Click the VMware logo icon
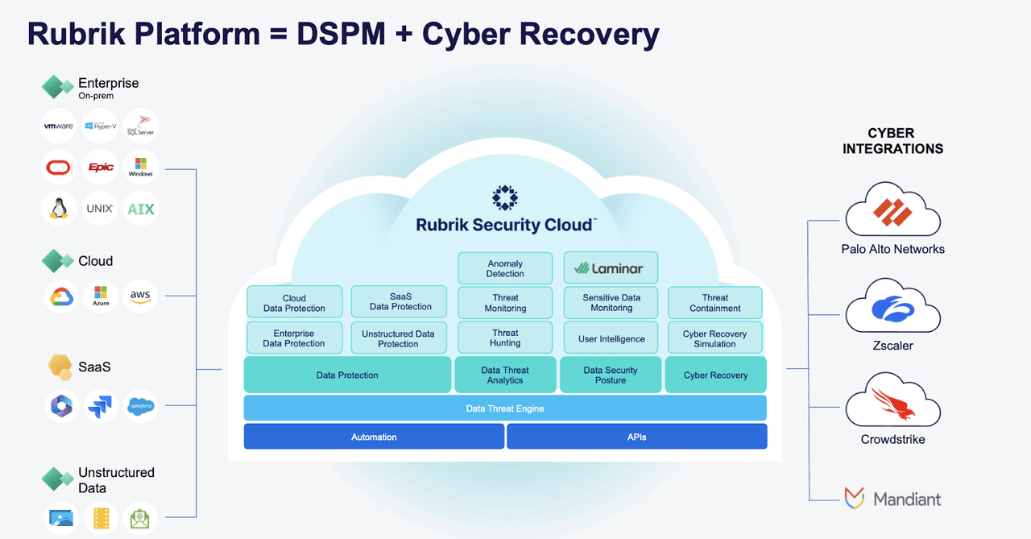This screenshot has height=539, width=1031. click(59, 126)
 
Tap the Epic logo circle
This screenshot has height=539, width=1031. click(101, 167)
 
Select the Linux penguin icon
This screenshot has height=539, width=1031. click(59, 209)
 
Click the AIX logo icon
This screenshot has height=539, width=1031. click(142, 209)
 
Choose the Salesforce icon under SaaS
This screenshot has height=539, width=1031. click(141, 406)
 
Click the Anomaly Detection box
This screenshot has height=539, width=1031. click(505, 268)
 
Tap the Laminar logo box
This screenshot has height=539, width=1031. click(611, 268)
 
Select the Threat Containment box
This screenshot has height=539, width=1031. click(714, 303)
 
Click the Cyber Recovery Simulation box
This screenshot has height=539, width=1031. click(714, 338)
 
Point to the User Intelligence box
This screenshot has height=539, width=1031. click(611, 338)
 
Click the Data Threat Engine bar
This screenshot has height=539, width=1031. click(505, 408)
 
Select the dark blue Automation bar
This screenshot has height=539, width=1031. click(374, 437)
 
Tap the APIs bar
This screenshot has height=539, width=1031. click(636, 437)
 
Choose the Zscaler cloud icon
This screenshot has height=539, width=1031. click(892, 309)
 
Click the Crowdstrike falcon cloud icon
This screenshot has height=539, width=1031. click(892, 402)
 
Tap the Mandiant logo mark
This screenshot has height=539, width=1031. click(854, 498)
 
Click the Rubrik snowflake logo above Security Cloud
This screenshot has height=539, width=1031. click(505, 198)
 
